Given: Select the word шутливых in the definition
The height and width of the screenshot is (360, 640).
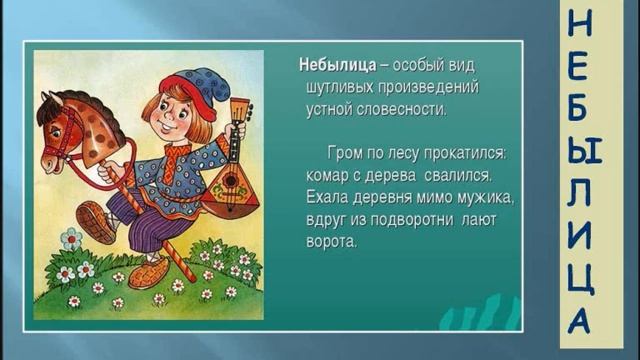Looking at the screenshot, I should tap(340, 87).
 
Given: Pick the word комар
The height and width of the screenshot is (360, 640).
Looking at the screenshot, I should tap(326, 175).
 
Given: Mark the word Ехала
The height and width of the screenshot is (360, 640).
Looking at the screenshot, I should tap(329, 197).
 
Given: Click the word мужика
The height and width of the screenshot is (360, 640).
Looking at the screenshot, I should tap(483, 197).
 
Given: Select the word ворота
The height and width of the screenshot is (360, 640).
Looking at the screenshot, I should tap(331, 241).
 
